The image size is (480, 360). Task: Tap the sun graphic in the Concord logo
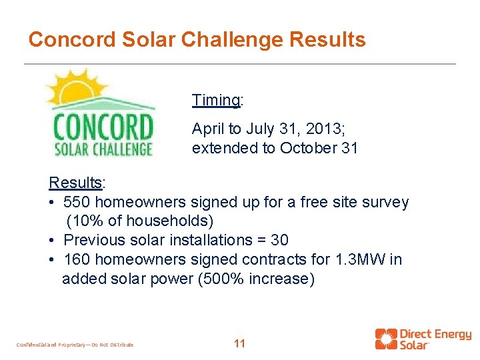point(73,89)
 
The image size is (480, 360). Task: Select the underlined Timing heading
point(216,101)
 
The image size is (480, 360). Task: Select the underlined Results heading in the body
point(75,183)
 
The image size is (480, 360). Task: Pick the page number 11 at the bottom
point(240,344)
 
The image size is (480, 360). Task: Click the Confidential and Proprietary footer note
point(75,345)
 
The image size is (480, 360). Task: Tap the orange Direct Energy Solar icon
point(385,339)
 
